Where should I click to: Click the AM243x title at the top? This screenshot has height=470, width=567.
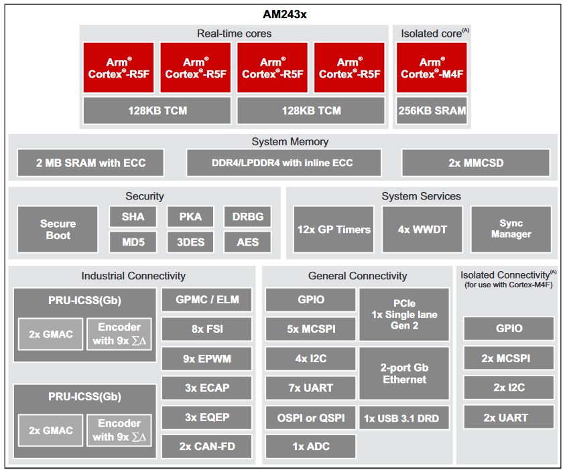[285, 15]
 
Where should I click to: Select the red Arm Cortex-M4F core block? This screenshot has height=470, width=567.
[432, 68]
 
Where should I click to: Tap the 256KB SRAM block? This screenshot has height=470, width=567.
[432, 110]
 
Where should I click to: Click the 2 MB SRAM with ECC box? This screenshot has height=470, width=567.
[90, 163]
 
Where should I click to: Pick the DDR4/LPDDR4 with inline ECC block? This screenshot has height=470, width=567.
[283, 163]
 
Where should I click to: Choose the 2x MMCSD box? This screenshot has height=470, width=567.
[476, 163]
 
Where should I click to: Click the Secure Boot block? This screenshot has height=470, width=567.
[58, 230]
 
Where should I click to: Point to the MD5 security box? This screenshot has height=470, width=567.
[133, 242]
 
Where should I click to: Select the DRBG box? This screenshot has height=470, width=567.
[248, 217]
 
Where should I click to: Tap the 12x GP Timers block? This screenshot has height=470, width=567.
[334, 230]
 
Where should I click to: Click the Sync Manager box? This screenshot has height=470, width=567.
[511, 230]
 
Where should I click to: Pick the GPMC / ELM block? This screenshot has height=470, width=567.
[207, 300]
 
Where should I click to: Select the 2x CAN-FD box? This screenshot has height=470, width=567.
[207, 447]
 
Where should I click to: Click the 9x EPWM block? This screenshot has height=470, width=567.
[207, 359]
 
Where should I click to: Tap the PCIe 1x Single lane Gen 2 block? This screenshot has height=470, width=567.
[404, 314]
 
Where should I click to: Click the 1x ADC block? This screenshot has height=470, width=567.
[310, 447]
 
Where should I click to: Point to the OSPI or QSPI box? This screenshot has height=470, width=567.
[310, 418]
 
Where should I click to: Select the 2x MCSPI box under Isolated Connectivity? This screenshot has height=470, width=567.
[509, 358]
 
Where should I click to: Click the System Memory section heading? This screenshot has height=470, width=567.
[290, 142]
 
